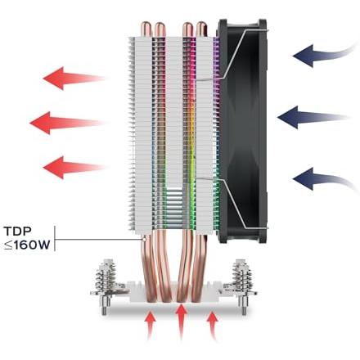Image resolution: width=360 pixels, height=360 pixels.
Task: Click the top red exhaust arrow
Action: coord(74,79)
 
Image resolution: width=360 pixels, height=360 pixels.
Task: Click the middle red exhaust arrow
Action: coord(67,123)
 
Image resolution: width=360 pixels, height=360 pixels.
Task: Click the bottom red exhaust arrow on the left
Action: coord(74,167)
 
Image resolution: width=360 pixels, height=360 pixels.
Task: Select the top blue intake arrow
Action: coord(325,55)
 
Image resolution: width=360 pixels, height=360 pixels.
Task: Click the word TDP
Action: coord(18,232)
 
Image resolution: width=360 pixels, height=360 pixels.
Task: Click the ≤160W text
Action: coord(27,245)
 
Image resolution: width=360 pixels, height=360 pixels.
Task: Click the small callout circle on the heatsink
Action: coord(144,239)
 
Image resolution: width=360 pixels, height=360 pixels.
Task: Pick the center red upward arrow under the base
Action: coord(181,322)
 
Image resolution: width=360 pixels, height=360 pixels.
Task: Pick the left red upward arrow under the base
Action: coord(151,326)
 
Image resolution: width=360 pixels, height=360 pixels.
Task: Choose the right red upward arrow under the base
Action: coord(212,326)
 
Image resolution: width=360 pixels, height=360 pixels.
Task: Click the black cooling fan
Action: coord(243,131)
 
